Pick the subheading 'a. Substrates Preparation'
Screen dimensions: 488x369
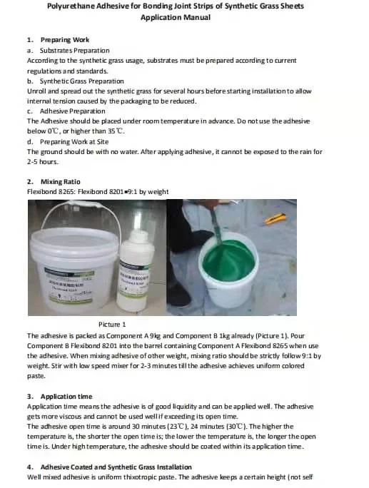click(x=69, y=50)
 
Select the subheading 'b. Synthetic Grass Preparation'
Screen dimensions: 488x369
click(x=75, y=81)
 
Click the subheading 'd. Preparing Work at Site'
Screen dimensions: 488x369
click(x=70, y=141)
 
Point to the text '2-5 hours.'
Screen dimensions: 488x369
click(x=43, y=162)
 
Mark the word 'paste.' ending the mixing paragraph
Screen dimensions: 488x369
click(x=36, y=376)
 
